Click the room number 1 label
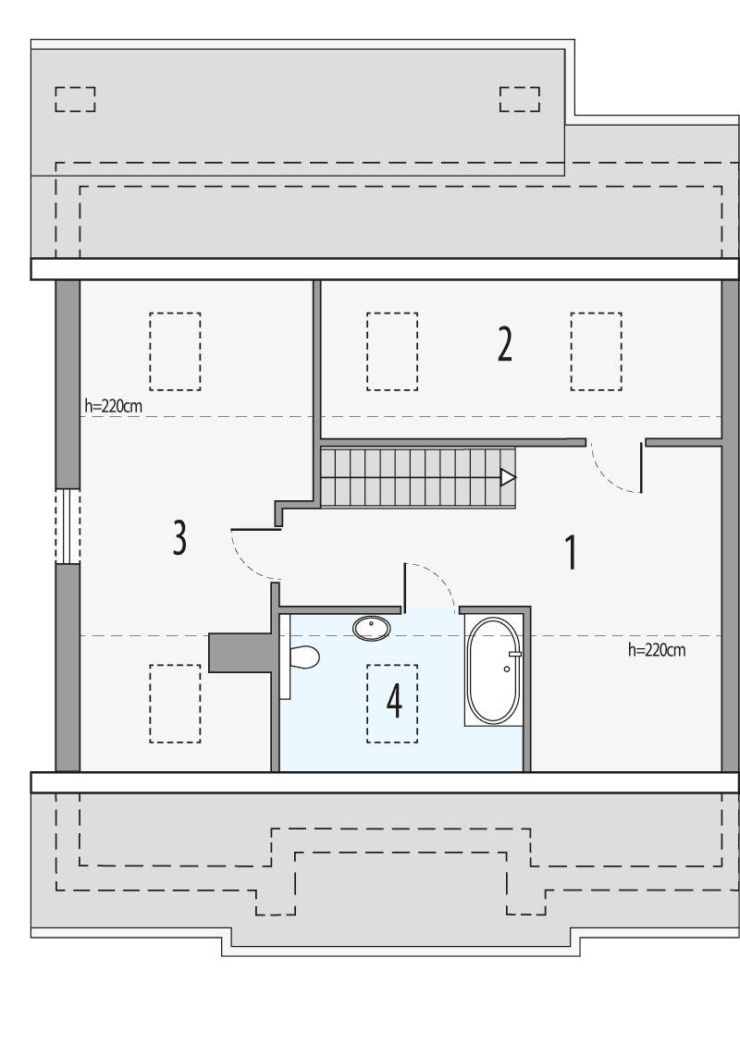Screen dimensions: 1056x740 click(x=572, y=552)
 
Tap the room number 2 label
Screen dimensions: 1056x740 click(x=504, y=344)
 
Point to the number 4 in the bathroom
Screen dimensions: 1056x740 click(x=394, y=701)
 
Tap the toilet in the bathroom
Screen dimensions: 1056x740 click(x=302, y=657)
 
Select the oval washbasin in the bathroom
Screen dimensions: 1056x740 click(x=372, y=628)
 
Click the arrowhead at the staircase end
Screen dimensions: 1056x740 click(x=508, y=478)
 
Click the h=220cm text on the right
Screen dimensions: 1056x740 click(x=656, y=650)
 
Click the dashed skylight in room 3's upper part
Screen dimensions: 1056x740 click(x=175, y=350)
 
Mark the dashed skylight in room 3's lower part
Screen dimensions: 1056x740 click(x=175, y=704)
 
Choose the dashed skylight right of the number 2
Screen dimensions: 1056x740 click(x=596, y=350)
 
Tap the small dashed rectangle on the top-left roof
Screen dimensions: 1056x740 click(x=75, y=99)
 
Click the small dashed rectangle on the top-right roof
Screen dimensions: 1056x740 click(x=519, y=99)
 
